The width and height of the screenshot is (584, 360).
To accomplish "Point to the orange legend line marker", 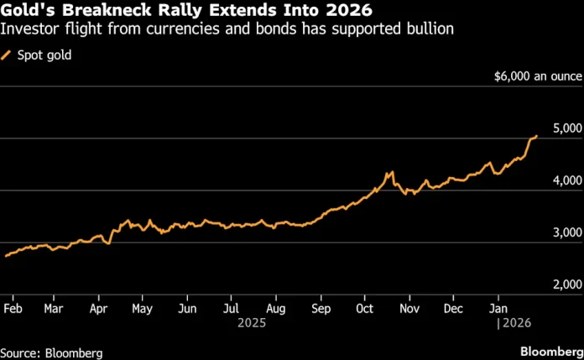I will (x=8, y=55).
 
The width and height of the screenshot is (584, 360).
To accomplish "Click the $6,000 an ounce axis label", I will (x=536, y=76).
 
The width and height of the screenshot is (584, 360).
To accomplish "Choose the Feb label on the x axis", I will (x=13, y=307).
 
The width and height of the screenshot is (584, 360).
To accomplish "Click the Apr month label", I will (x=99, y=307).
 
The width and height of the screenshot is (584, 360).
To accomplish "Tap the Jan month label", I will (x=498, y=307).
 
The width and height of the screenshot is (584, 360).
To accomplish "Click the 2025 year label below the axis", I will (x=253, y=321).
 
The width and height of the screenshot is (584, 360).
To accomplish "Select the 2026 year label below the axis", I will (x=514, y=321).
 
